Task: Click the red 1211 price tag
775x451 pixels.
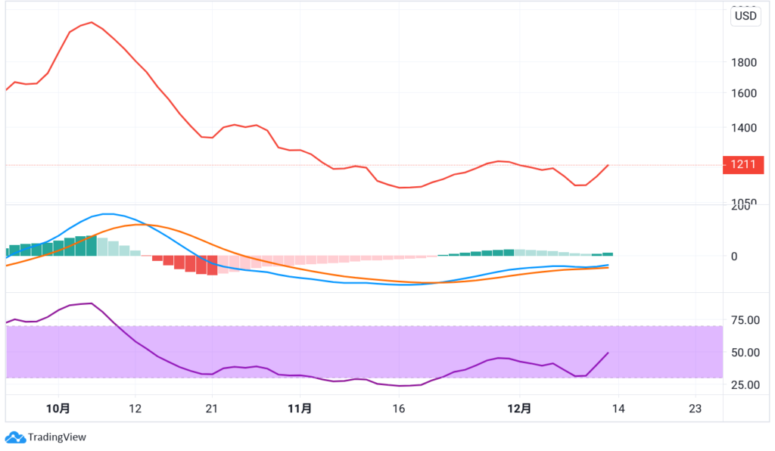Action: point(742,164)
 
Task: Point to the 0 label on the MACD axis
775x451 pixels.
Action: point(733,256)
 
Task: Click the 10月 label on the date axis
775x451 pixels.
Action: point(58,409)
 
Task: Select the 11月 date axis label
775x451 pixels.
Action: point(300,409)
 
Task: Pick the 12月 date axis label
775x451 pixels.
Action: point(519,409)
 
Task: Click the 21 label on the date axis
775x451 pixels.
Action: point(212,409)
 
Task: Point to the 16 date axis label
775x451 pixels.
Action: point(399,409)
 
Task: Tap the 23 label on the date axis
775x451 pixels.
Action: point(696,409)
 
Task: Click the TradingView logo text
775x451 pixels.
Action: point(56,437)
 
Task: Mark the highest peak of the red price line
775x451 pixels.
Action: point(92,22)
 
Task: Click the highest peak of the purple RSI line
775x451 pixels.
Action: point(92,303)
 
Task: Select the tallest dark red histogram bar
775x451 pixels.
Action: point(213,265)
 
